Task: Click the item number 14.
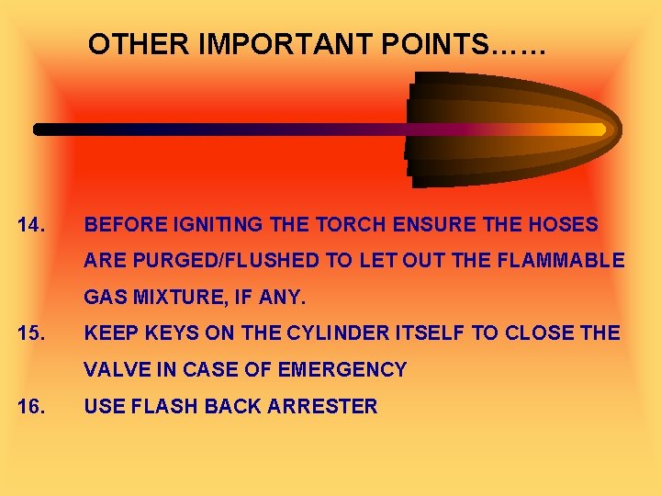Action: coord(32,224)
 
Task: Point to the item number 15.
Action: coord(32,333)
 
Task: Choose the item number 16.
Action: coord(32,406)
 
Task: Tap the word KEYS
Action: coord(176,333)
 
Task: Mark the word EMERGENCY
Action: coord(343,370)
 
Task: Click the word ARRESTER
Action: coord(322,406)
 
